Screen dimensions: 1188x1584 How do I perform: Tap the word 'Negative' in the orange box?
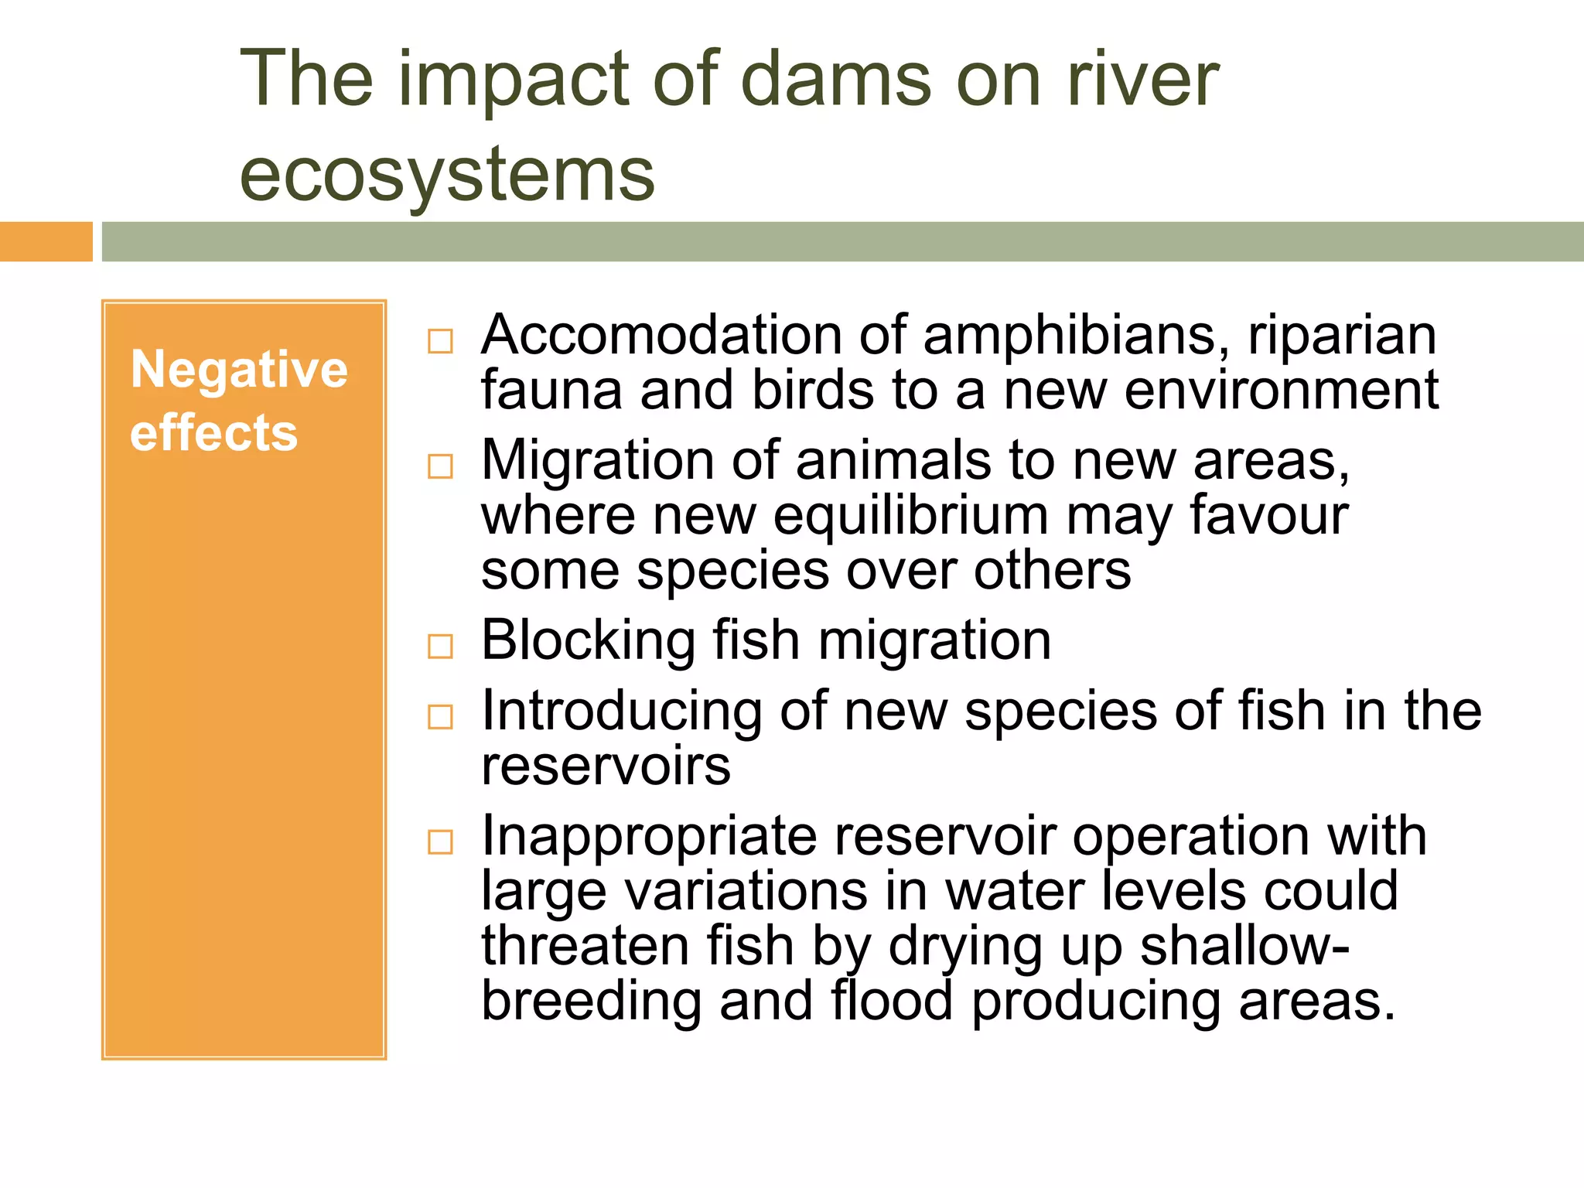tap(239, 369)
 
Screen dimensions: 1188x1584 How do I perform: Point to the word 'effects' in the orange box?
tap(213, 432)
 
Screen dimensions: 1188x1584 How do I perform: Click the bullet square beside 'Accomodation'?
tap(440, 341)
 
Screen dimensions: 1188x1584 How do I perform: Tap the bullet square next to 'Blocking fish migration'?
tap(440, 646)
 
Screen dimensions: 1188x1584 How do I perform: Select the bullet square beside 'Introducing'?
tap(440, 717)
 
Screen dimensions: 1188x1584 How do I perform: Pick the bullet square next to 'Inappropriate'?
tap(440, 841)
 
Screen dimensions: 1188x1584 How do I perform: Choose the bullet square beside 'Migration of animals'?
tap(440, 466)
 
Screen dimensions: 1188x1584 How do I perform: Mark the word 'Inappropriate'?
tap(649, 838)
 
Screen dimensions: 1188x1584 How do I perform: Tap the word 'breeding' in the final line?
tap(591, 1002)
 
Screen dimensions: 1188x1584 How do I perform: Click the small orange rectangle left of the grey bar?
tap(46, 241)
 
